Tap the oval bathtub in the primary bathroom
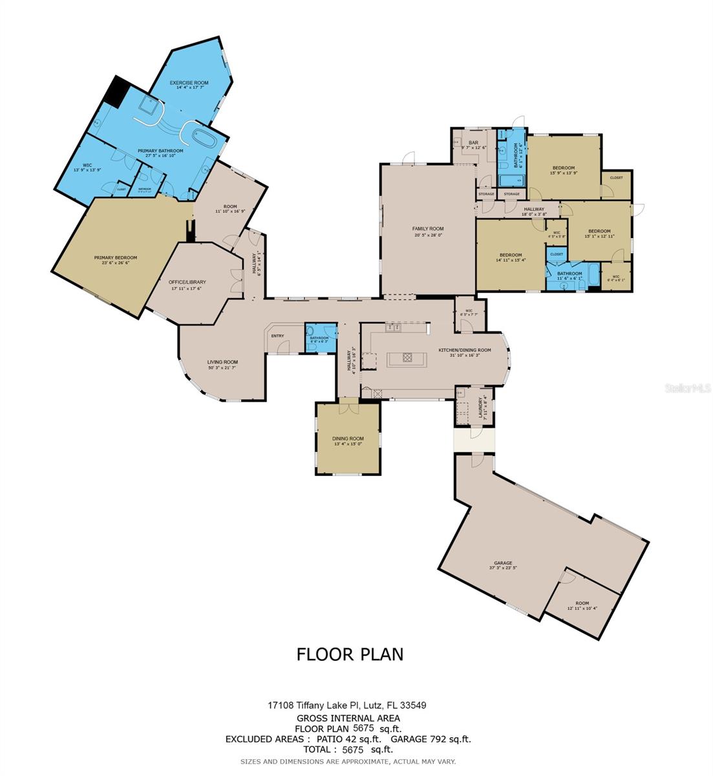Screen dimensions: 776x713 tap(198, 138)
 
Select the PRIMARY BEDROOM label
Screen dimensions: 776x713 tap(115, 260)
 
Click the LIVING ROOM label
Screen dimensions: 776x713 tap(222, 365)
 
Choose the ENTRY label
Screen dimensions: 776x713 tap(277, 336)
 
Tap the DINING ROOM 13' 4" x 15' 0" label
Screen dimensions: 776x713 tap(348, 441)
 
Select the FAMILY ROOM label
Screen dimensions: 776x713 tap(428, 232)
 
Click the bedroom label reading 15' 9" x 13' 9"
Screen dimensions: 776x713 tap(563, 170)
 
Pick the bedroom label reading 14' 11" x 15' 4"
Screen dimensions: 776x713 tap(510, 257)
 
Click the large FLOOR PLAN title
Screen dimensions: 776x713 tap(350, 654)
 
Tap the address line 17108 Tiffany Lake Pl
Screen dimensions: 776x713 tap(347, 706)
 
